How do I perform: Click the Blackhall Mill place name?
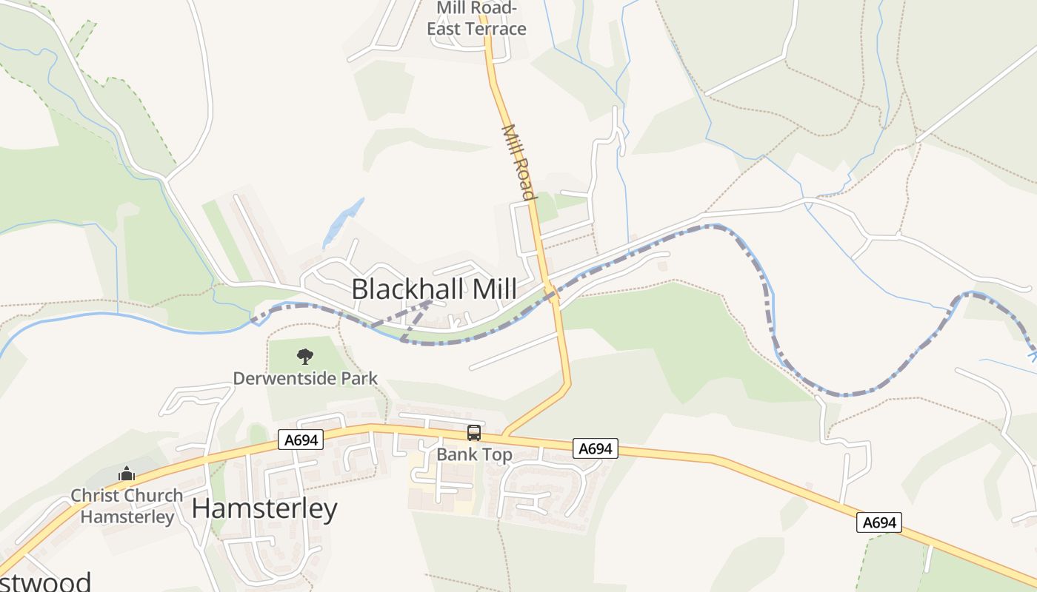433,289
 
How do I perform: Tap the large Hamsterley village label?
264,509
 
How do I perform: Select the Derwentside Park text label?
305,379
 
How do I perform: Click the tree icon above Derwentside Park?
304,357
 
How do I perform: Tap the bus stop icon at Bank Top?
474,433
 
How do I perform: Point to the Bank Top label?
474,454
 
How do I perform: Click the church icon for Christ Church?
127,474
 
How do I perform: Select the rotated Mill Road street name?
518,162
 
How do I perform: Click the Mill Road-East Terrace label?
476,18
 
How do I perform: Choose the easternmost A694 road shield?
880,522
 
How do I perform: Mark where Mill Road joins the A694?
504,434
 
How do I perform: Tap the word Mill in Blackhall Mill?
487,289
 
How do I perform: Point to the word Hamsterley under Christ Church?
127,516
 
